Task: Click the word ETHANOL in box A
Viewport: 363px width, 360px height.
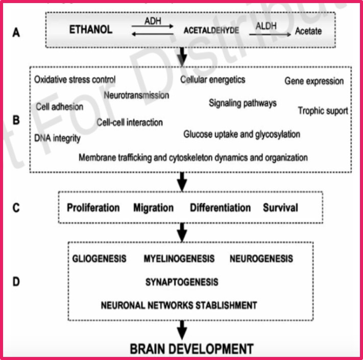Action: [x=90, y=30]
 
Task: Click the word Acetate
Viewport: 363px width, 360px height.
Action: [x=308, y=31]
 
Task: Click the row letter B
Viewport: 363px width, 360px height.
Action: [x=16, y=121]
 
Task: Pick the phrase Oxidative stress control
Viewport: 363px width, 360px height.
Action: [x=75, y=80]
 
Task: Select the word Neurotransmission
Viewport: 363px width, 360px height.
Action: [x=136, y=95]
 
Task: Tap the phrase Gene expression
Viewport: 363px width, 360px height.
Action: [x=314, y=81]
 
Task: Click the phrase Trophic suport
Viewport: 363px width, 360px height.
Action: [x=323, y=110]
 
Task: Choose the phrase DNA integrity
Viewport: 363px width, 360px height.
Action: [x=57, y=138]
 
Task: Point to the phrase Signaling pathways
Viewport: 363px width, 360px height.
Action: [x=243, y=103]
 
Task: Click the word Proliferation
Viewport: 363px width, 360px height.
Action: [x=93, y=208]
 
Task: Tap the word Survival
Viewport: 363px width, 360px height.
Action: [x=280, y=208]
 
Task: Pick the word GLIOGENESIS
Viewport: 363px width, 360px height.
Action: [x=99, y=258]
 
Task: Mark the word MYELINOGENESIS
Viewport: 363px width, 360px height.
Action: [x=179, y=258]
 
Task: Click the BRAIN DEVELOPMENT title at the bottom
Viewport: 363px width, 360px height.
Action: [x=191, y=349]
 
